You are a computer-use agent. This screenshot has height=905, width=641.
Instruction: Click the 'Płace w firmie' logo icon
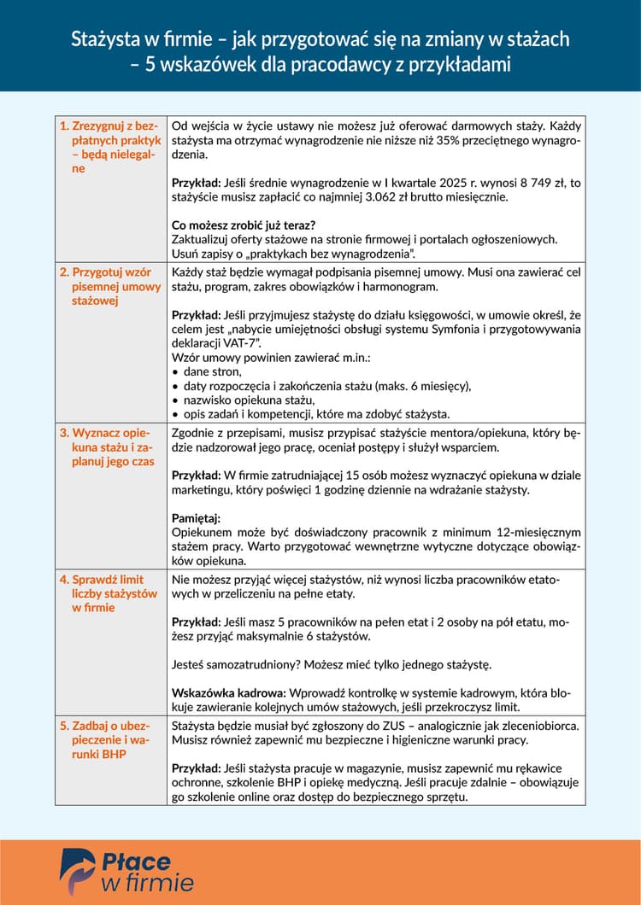[x=77, y=872]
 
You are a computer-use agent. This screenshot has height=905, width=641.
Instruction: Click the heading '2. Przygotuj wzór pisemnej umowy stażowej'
[x=110, y=286]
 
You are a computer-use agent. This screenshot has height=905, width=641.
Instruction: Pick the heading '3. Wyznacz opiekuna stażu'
[x=110, y=447]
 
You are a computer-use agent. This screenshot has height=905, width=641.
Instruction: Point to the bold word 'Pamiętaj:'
[x=196, y=518]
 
